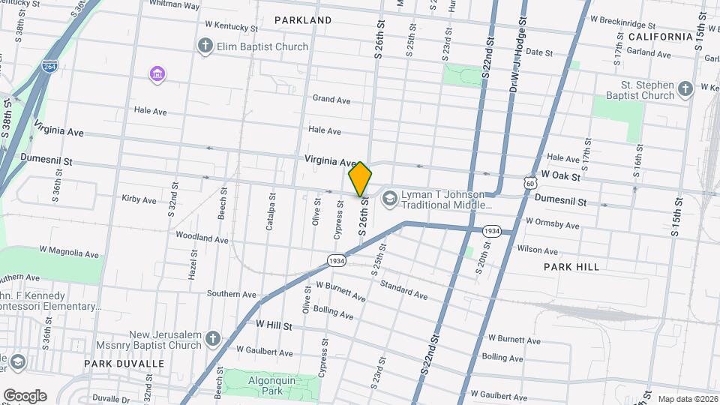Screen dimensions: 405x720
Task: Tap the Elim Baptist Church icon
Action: coord(205,46)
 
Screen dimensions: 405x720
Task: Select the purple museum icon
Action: coord(157,73)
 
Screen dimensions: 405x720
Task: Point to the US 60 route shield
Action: coord(530,182)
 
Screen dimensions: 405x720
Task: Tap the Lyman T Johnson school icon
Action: coord(389,199)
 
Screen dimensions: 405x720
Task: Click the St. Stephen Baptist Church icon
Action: coord(685,90)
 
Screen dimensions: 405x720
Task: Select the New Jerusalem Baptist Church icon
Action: coord(213,340)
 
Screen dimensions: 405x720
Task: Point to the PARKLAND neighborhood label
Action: coord(303,19)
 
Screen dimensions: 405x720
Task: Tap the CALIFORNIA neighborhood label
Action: coord(660,37)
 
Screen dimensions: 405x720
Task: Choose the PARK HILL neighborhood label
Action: coord(571,267)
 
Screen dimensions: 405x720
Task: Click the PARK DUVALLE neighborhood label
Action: coord(124,364)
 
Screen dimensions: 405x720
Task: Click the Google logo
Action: coord(25,395)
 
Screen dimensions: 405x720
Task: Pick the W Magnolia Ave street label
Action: coord(69,254)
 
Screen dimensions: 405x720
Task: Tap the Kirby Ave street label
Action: coord(139,200)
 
